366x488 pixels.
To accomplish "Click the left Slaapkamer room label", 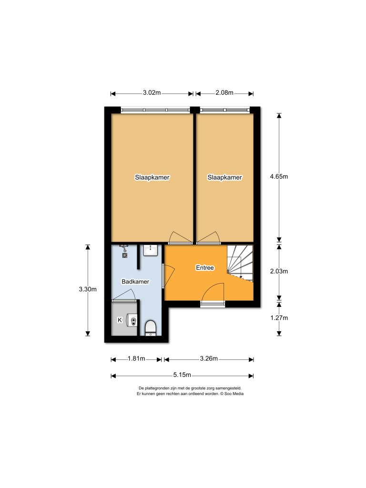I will pos(152,177).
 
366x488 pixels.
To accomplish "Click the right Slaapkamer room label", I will pos(224,177).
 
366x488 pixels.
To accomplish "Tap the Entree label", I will pos(205,268).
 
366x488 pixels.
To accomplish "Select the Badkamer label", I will pos(135,282).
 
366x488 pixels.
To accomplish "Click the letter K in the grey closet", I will pos(120,319).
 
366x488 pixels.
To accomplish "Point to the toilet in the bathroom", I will pos(151,328).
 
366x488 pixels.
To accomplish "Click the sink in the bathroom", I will pos(151,249).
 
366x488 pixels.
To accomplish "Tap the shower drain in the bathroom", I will pos(125,254).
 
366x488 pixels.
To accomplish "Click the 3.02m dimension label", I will pos(152,93).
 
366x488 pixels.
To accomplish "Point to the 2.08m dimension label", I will pos(224,93).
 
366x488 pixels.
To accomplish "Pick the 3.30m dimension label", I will pos(88,289).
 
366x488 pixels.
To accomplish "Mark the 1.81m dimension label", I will pos(136,359).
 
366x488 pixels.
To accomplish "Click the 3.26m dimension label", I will pos(209,359).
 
